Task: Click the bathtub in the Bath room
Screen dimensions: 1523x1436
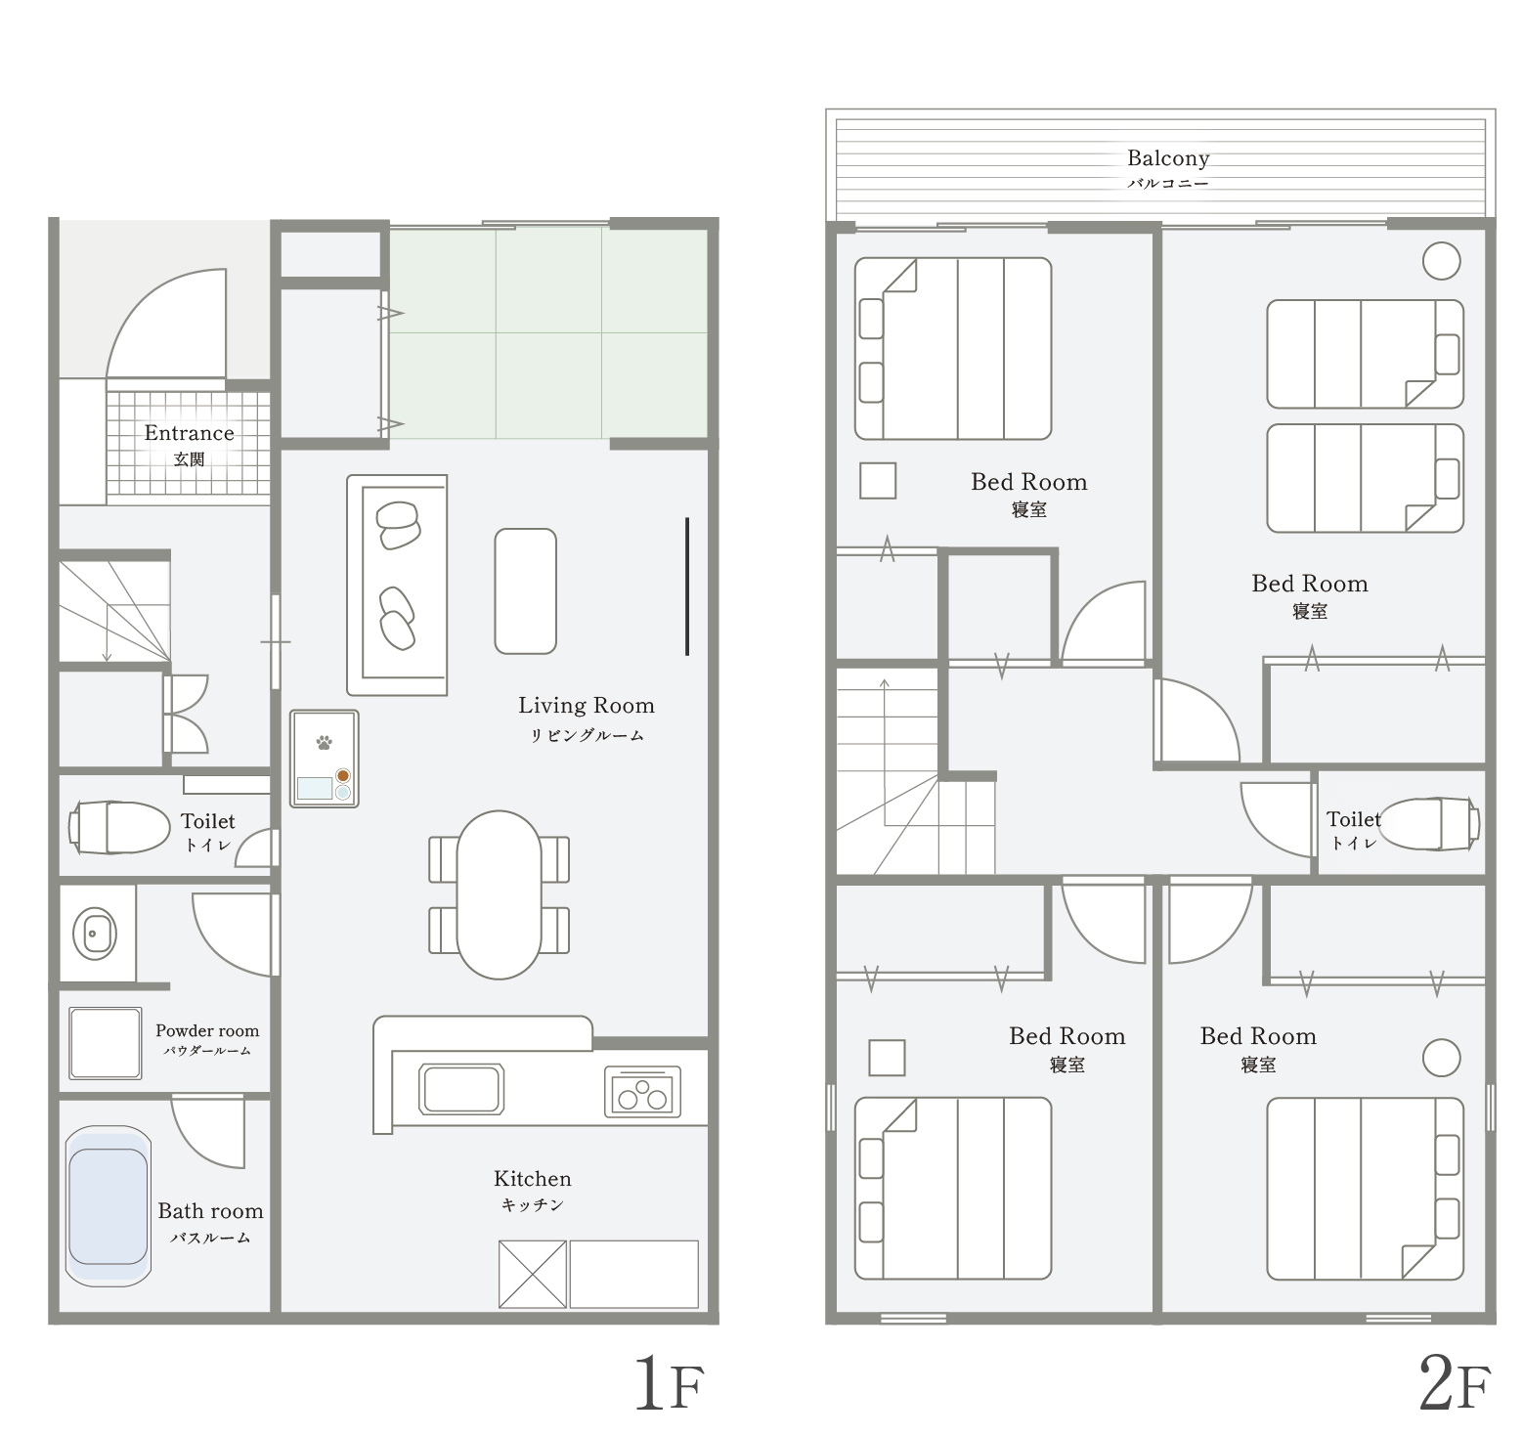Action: click(x=109, y=1206)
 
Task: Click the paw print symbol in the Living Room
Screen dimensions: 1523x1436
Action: click(x=324, y=742)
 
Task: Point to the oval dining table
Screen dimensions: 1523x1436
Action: click(x=499, y=894)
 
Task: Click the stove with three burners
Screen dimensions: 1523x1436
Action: click(x=642, y=1091)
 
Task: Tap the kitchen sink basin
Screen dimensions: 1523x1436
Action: click(x=461, y=1088)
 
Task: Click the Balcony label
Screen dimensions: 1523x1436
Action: click(x=1168, y=158)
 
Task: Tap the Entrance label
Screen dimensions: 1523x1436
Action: click(x=190, y=433)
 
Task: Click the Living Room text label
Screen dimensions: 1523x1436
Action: click(x=587, y=706)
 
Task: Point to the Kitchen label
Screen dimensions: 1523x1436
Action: click(x=533, y=1179)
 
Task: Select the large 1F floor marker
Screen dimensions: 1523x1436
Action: click(x=670, y=1382)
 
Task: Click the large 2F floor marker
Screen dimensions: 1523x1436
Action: click(x=1455, y=1382)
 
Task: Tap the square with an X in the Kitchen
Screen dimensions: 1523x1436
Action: click(x=533, y=1274)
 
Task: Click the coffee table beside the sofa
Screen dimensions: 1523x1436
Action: click(x=526, y=591)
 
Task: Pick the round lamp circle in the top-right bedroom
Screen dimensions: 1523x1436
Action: click(x=1442, y=261)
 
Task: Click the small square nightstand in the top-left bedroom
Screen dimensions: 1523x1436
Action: click(x=878, y=481)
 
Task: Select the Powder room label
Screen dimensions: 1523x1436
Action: click(x=207, y=1030)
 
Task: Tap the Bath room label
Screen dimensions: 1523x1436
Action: click(x=211, y=1211)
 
